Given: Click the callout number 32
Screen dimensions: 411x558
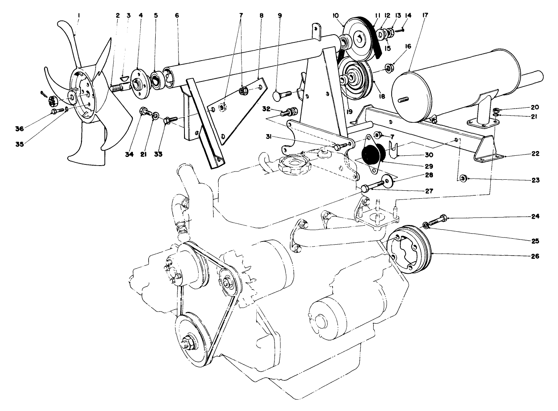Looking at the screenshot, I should [266, 109].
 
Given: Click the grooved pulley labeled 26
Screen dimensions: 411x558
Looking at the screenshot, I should [409, 252].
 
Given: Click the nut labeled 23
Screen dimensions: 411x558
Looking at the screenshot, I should [463, 179].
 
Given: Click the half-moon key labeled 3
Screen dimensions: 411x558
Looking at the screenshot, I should [124, 77].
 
